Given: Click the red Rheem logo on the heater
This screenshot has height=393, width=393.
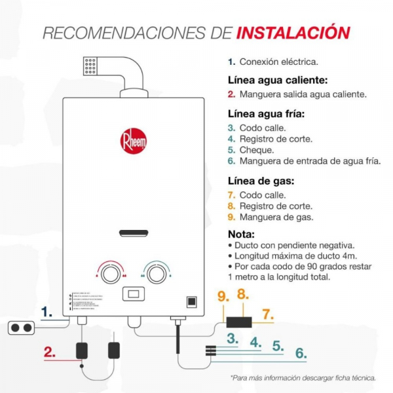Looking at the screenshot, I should coord(134,141).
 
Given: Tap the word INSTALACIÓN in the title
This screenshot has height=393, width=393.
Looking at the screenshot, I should coord(293,33).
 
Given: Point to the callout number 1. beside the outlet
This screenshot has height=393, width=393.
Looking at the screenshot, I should coord(47,312).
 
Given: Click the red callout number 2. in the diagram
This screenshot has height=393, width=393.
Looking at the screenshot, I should coord(50,352).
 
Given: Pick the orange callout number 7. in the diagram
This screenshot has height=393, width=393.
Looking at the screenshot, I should coord(267,314).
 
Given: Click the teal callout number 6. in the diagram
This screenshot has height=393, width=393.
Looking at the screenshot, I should coord(300,354).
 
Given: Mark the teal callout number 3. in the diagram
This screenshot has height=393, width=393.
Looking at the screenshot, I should coord(232,339).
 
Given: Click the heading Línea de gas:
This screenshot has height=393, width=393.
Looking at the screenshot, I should coord(261,180).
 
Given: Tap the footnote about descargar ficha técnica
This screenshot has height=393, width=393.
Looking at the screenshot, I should coord(303,378).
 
